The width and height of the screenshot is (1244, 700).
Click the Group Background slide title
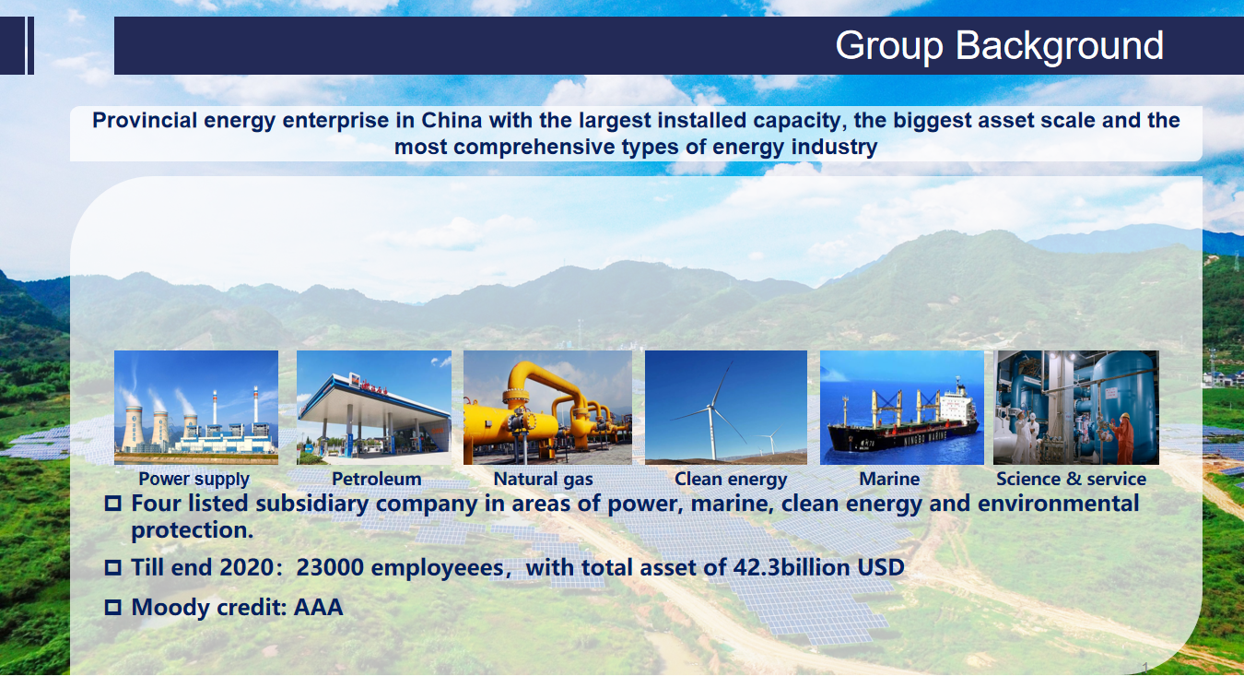pyautogui.click(x=999, y=45)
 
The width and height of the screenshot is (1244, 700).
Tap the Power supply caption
pyautogui.click(x=194, y=480)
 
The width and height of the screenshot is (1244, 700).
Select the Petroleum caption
pyautogui.click(x=376, y=479)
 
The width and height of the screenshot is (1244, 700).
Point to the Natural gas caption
pyautogui.click(x=543, y=480)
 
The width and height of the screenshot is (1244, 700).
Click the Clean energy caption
pyautogui.click(x=731, y=480)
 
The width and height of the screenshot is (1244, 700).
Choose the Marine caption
pyautogui.click(x=889, y=479)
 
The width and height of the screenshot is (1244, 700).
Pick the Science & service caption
pyautogui.click(x=1071, y=479)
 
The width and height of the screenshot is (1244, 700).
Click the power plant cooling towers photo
pyautogui.click(x=196, y=407)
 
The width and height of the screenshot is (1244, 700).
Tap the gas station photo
pyautogui.click(x=374, y=407)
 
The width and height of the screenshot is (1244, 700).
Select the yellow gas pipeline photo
pyautogui.click(x=547, y=407)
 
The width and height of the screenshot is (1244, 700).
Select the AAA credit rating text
pyautogui.click(x=318, y=607)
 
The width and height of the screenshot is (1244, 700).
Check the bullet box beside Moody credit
pyautogui.click(x=112, y=607)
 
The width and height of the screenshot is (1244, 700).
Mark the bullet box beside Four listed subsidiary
pyautogui.click(x=112, y=504)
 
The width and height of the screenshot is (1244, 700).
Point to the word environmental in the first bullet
pyautogui.click(x=1058, y=504)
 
